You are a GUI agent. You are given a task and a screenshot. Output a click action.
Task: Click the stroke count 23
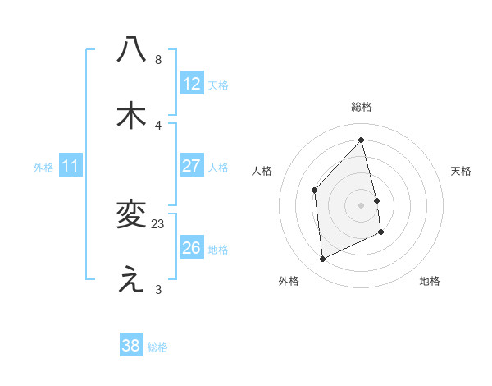pos(158,223)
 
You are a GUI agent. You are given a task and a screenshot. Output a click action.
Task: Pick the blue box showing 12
pos(192,84)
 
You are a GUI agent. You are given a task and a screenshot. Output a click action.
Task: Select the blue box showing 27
pos(192,166)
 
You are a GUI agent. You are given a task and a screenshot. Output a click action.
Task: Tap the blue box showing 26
pos(192,248)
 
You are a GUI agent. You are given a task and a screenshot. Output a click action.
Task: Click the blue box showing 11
pos(71,166)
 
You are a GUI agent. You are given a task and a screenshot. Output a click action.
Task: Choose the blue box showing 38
pos(131,346)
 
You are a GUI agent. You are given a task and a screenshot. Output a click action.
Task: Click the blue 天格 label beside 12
pos(218,85)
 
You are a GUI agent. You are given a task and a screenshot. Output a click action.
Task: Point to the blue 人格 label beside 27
pos(218,167)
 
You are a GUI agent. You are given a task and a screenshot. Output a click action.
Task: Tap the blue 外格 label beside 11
pos(43,167)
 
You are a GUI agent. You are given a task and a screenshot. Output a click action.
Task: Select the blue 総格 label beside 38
pos(157,347)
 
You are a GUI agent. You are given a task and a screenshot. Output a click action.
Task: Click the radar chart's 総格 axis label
pos(362,107)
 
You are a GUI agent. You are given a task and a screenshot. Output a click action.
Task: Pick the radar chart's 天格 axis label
pos(462,171)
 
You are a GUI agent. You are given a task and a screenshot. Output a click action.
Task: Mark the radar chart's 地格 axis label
pos(430,281)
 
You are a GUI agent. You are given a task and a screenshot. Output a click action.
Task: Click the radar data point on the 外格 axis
pos(323,260)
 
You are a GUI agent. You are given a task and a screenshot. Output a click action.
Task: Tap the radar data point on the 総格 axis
pos(362,140)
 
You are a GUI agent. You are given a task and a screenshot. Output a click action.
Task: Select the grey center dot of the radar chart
pos(362,204)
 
